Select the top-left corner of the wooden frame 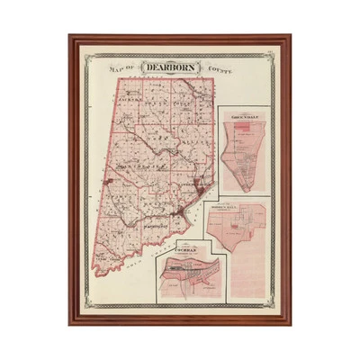[x=69, y=36]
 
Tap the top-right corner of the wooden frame [x=290, y=36]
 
